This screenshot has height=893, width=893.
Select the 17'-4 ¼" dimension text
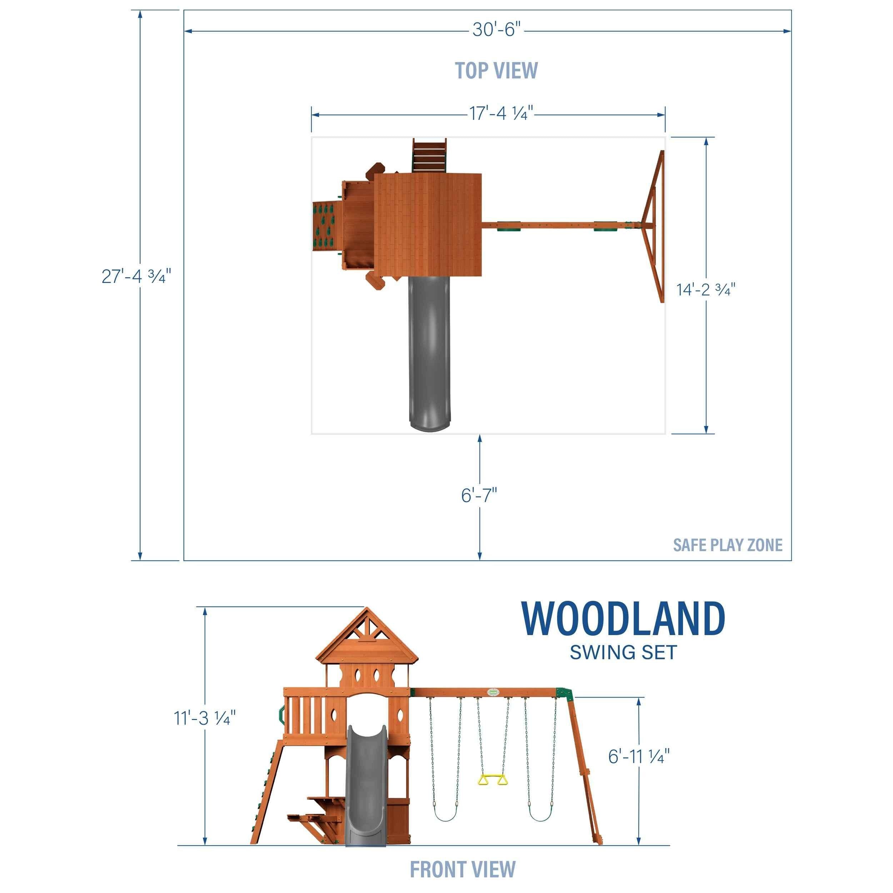pyautogui.click(x=502, y=113)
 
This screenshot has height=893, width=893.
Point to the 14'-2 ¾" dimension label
pyautogui.click(x=706, y=289)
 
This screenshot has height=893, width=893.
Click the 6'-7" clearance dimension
pyautogui.click(x=479, y=495)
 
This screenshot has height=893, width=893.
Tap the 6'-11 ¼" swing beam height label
pyautogui.click(x=639, y=757)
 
